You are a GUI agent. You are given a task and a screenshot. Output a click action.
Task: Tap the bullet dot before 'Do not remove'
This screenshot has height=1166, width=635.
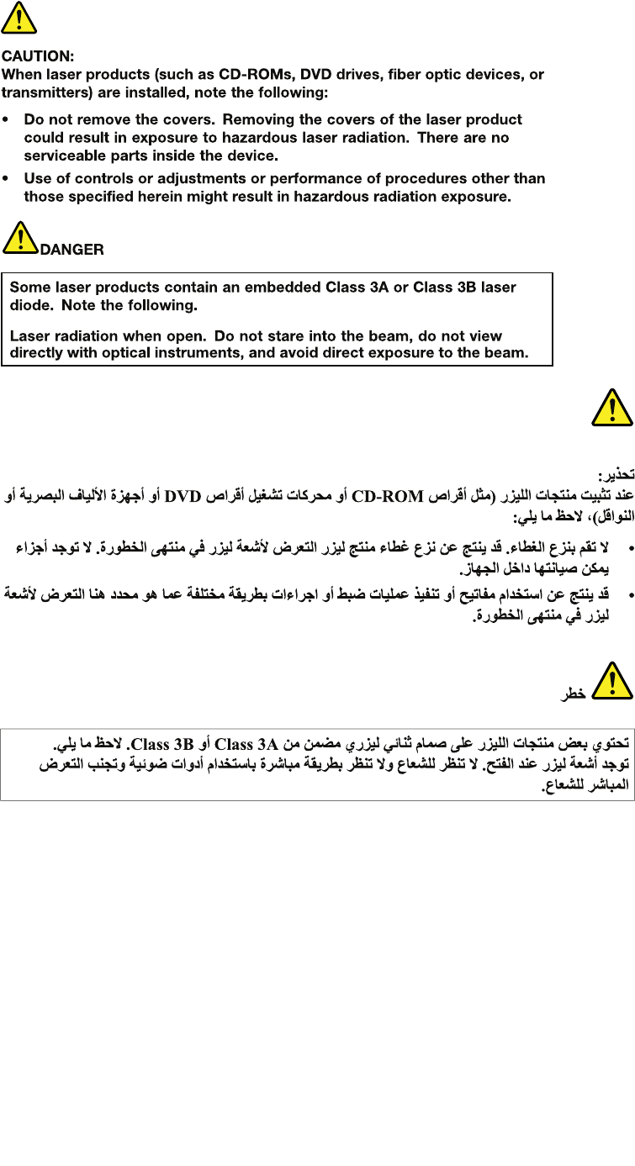click(x=7, y=120)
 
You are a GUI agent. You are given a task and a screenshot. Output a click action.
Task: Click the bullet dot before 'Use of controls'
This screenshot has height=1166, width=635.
click(x=7, y=179)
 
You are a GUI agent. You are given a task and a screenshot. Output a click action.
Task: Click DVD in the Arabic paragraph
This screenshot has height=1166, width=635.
click(x=183, y=496)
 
